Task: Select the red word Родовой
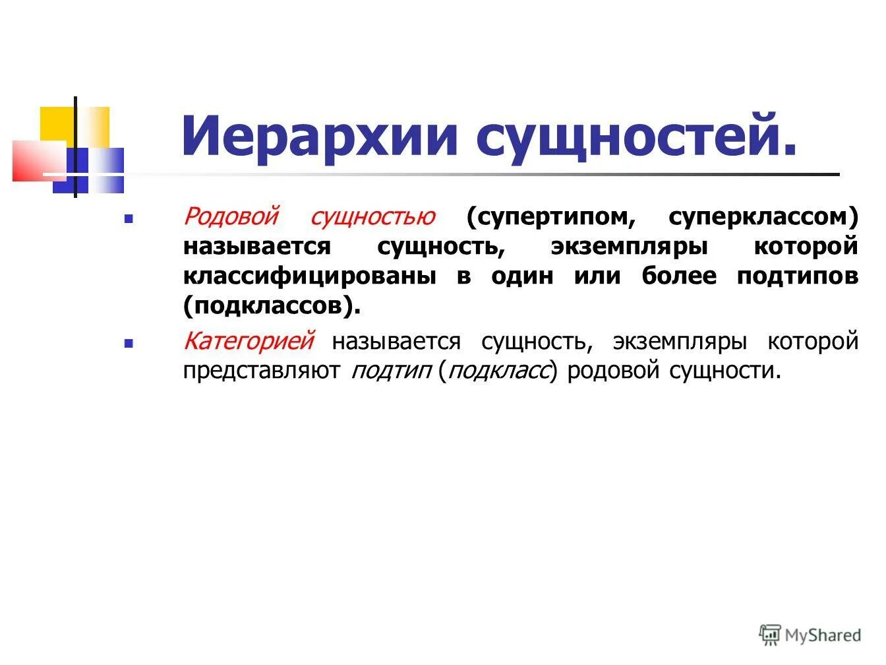pyautogui.click(x=231, y=216)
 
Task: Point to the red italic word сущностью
pyautogui.click(x=372, y=216)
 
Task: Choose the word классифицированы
pyautogui.click(x=309, y=276)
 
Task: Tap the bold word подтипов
pyautogui.click(x=798, y=276)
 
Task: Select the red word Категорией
pyautogui.click(x=249, y=341)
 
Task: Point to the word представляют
pyautogui.click(x=262, y=371)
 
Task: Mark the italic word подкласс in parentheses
pyautogui.click(x=498, y=371)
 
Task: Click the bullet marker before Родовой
pyautogui.click(x=129, y=217)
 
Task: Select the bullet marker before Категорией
pyautogui.click(x=129, y=343)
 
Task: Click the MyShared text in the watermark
pyautogui.click(x=823, y=635)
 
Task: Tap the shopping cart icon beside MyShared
pyautogui.click(x=770, y=635)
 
